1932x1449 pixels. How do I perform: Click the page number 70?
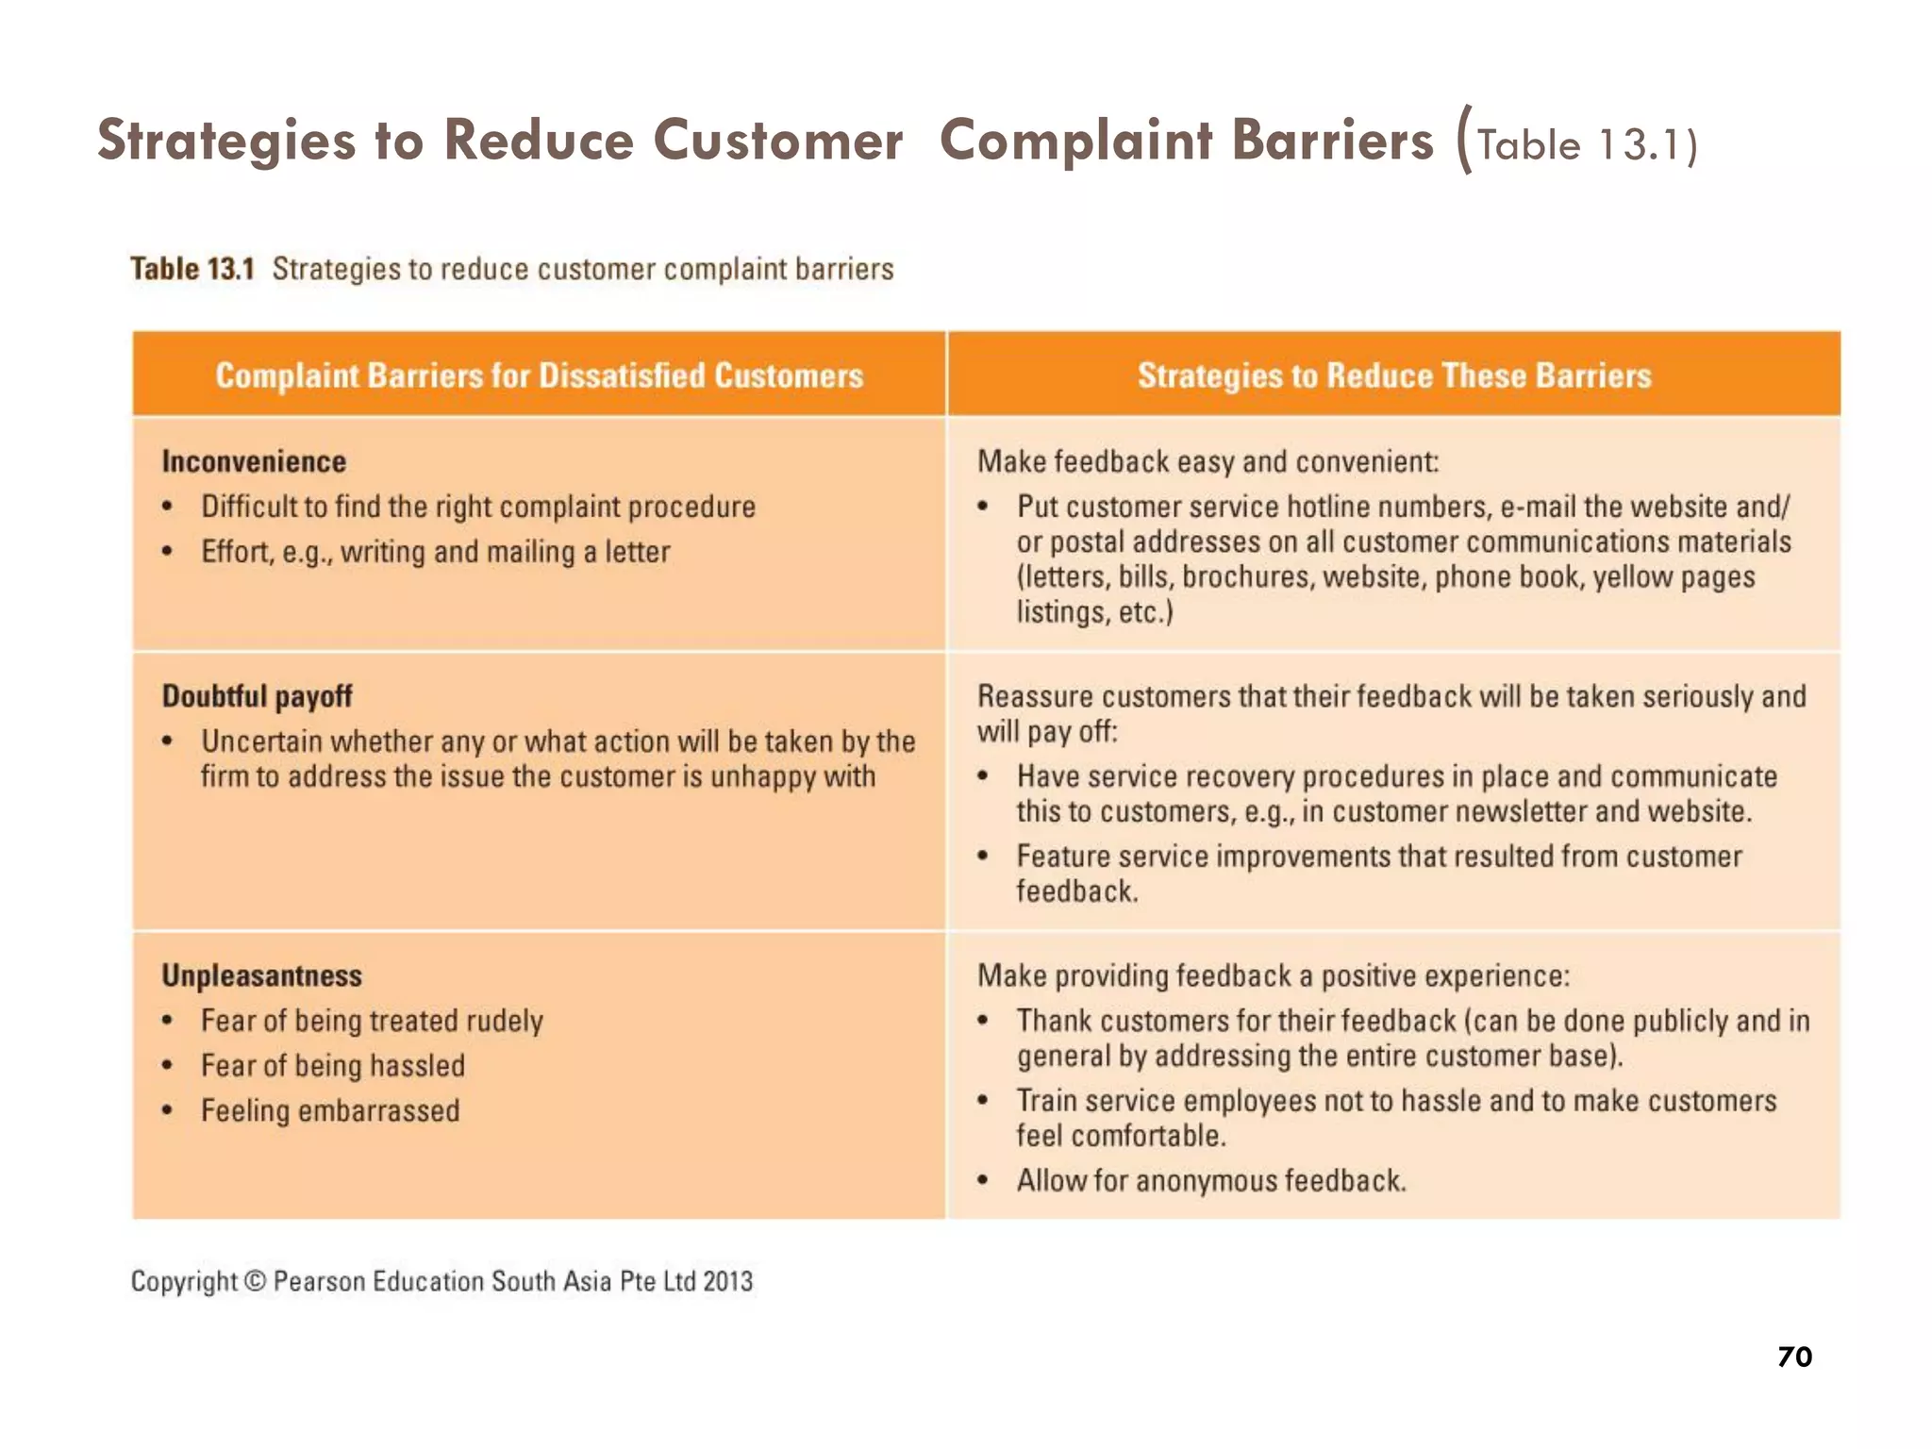click(1793, 1357)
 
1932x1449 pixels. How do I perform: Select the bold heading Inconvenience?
click(254, 461)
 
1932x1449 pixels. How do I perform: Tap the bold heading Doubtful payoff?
click(257, 696)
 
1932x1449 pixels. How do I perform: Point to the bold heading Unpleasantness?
click(261, 975)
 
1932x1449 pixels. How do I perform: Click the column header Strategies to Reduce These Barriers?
click(1393, 375)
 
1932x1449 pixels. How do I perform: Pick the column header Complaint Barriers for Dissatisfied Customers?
click(539, 375)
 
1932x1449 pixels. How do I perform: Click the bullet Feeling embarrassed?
click(330, 1110)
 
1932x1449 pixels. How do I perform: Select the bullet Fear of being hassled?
click(333, 1066)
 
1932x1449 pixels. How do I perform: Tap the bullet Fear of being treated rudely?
click(372, 1021)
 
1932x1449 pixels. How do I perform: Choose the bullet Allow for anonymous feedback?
click(1210, 1181)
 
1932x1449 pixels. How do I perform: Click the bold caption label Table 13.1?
click(192, 269)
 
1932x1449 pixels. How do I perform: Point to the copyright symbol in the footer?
click(255, 1281)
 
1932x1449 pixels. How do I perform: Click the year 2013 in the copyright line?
click(727, 1281)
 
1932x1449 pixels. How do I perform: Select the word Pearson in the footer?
click(319, 1281)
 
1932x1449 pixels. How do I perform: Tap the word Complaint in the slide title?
click(1075, 141)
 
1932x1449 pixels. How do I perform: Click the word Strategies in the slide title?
click(226, 141)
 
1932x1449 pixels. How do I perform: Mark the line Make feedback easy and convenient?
click(1207, 461)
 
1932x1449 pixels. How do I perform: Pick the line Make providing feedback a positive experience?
click(1273, 975)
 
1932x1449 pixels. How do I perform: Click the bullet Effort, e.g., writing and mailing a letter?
click(435, 552)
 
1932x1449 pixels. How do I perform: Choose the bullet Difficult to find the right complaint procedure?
click(477, 507)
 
